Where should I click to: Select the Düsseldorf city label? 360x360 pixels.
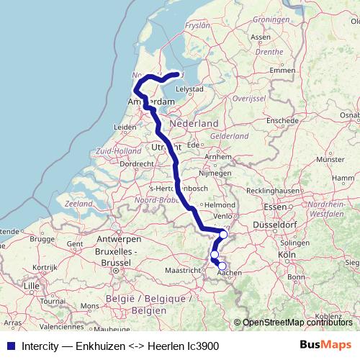tap(295, 225)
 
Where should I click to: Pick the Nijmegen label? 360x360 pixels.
tap(213, 174)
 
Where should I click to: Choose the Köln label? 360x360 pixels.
tap(287, 255)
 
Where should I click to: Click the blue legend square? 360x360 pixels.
tap(11, 346)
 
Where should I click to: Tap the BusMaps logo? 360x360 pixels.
tap(330, 346)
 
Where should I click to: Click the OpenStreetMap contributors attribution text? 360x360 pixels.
tap(297, 323)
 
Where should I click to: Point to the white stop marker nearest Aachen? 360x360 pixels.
tap(222, 266)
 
